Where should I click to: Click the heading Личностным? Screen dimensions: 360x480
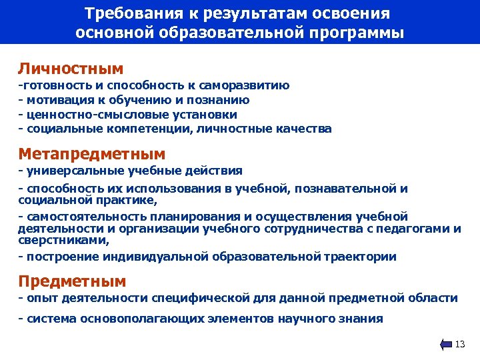[71, 69]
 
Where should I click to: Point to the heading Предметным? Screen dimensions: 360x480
[72, 281]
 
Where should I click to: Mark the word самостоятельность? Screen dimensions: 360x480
[79, 217]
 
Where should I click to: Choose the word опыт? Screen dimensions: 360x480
[39, 298]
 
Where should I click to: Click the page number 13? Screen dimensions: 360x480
[459, 344]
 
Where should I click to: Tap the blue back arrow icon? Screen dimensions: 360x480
[446, 344]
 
